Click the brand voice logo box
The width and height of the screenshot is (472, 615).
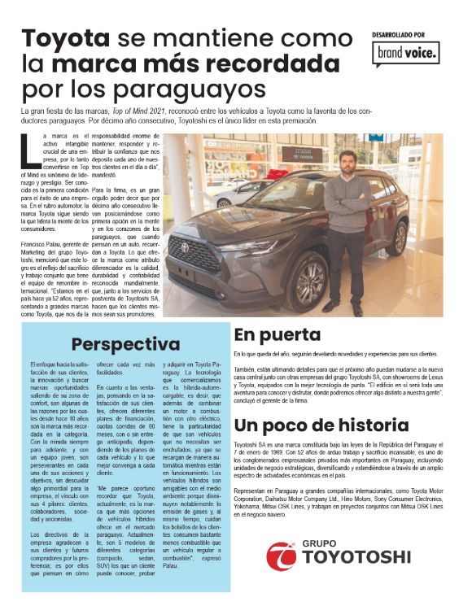tap(406, 53)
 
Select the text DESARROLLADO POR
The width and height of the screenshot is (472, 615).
tap(399, 34)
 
